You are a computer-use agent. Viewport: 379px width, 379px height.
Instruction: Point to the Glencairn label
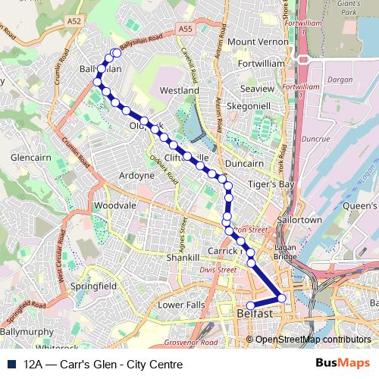[x=31, y=158]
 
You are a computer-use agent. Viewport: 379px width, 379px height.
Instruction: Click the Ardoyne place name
[x=137, y=176]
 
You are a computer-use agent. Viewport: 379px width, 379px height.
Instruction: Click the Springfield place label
[x=93, y=287]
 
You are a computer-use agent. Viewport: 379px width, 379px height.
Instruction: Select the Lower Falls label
[x=181, y=305]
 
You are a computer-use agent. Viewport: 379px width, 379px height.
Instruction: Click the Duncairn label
[x=244, y=163]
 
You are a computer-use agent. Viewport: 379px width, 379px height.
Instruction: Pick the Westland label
[x=179, y=90]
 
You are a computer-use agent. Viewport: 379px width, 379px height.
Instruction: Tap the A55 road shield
[x=184, y=29]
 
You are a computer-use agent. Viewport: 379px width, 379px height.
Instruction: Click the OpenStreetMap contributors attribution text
[x=312, y=340]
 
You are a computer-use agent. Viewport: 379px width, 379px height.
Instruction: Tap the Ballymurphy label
[x=26, y=332]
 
